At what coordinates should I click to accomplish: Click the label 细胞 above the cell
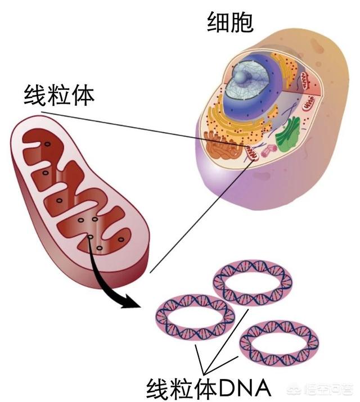tap(230, 22)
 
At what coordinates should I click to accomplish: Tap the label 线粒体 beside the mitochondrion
tap(59, 96)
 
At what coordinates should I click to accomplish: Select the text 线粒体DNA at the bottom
tap(209, 388)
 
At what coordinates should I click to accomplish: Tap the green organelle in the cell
tap(288, 134)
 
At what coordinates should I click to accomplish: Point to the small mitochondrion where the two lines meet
tap(252, 153)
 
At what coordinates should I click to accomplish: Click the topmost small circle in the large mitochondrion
tap(47, 144)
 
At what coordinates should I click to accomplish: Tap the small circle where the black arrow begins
tap(90, 237)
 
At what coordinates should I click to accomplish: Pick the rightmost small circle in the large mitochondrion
tap(121, 240)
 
